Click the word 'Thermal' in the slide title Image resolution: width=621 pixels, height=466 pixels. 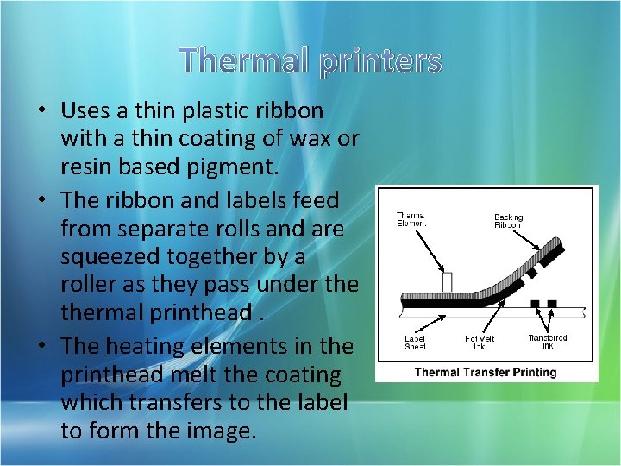point(247,60)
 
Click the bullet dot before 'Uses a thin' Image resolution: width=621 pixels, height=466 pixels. point(41,111)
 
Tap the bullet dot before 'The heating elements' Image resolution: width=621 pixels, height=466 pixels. point(41,346)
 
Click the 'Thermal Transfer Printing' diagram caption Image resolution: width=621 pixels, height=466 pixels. point(486,372)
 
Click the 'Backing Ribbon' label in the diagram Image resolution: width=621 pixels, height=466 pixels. point(507,221)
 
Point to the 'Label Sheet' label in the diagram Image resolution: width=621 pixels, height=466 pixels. point(415,343)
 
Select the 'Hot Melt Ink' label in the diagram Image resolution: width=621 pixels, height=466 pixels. point(476,343)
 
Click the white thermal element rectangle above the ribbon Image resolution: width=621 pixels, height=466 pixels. point(447,283)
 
